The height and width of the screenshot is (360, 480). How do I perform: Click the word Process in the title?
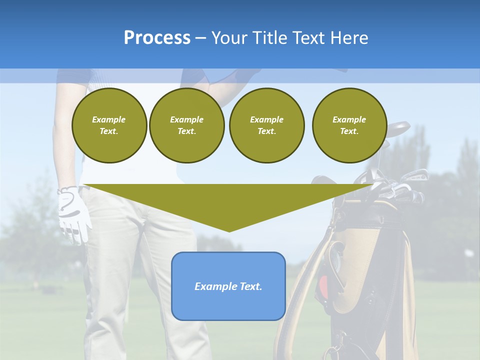[157, 38]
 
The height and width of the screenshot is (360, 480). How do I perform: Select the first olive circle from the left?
[109, 125]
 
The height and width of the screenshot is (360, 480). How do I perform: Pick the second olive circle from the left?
[186, 125]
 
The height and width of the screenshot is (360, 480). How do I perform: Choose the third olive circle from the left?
[266, 125]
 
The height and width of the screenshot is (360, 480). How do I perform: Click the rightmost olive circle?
[349, 125]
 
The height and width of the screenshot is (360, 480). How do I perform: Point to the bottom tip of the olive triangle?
[229, 230]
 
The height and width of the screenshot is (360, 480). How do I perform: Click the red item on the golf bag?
[324, 285]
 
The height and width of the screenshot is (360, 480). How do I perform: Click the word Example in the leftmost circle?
[109, 119]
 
